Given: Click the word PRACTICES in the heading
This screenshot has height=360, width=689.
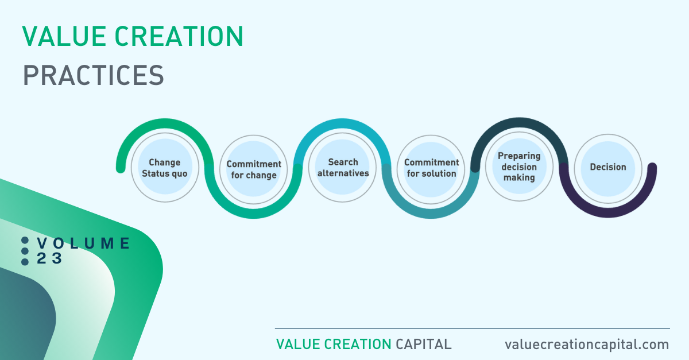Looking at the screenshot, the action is (94, 75).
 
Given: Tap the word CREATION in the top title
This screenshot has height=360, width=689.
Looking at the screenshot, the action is (179, 36).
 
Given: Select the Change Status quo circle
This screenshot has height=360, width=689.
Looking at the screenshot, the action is (165, 168).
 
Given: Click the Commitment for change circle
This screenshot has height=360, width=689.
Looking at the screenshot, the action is (253, 169).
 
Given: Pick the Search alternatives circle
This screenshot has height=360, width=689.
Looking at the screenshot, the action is (342, 168).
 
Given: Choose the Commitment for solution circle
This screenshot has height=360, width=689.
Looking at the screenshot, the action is (431, 169).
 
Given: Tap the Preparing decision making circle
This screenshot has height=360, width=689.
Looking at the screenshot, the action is (519, 167).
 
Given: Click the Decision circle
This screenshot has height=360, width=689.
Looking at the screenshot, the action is (608, 168).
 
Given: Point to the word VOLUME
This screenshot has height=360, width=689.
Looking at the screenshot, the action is (84, 243).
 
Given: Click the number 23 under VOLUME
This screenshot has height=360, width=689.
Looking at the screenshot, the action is (49, 258).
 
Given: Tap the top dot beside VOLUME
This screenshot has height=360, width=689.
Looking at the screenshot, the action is (25, 241).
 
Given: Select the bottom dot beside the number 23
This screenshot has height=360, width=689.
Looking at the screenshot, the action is (25, 262).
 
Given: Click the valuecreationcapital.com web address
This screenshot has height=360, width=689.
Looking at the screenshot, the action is (587, 344).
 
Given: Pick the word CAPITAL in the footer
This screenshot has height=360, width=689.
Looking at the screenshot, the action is (424, 344).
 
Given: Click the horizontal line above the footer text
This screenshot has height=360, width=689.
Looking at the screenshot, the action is (473, 328).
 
